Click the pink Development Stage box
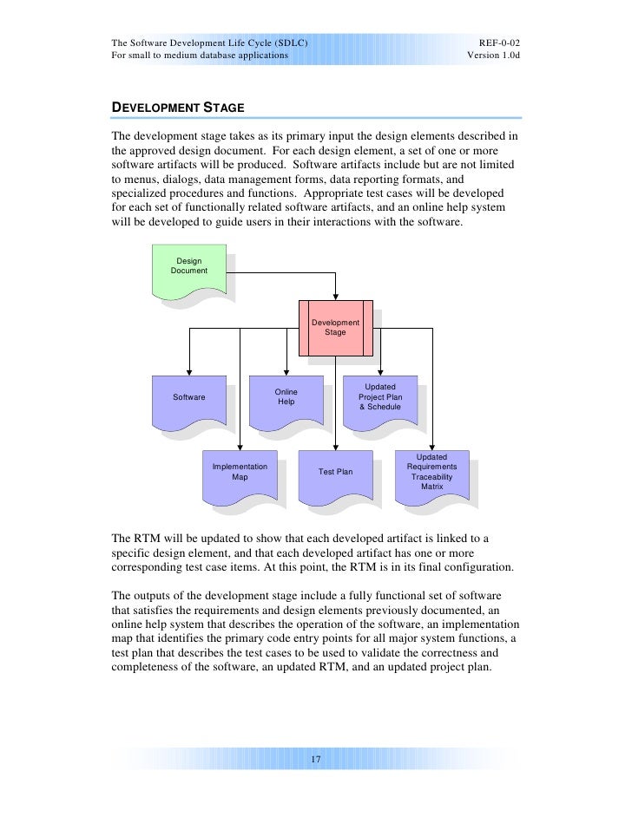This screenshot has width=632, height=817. tap(335, 328)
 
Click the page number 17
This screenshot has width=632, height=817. tap(315, 761)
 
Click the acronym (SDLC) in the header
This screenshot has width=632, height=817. tap(285, 43)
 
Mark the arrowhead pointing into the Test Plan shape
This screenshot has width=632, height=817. tap(335, 446)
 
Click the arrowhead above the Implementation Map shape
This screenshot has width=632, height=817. tap(240, 446)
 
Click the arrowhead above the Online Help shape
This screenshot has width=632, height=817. tap(286, 370)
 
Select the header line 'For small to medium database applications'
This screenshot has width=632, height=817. tap(201, 56)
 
